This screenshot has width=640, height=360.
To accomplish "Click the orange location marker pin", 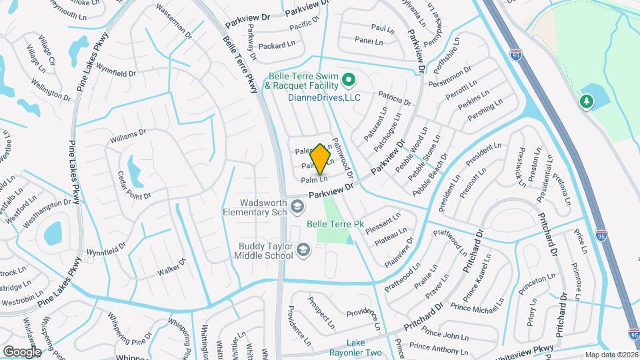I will tap(321, 159).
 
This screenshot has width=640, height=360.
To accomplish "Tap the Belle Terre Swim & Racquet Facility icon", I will tap(347, 82).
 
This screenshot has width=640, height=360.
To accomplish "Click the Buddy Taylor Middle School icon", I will tap(303, 251).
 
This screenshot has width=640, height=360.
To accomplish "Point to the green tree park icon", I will tap(586, 101).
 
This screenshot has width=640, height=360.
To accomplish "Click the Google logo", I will tap(22, 351).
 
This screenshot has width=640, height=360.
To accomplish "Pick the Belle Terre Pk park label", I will tap(334, 225).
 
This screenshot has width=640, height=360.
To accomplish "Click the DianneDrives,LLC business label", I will tap(324, 97).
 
